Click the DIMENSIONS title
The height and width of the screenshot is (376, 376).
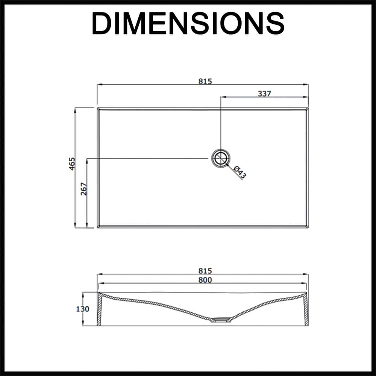(188, 23)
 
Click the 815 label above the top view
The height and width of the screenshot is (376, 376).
(205, 82)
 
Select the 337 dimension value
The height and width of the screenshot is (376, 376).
(264, 94)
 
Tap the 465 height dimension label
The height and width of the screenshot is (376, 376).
(72, 164)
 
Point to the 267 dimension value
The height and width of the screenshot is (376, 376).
(84, 189)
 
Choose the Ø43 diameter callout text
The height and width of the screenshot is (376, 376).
(239, 172)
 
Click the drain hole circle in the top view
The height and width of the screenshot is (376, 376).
(221, 159)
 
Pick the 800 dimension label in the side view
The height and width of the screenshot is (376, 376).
(205, 280)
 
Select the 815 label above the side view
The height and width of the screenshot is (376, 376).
(205, 271)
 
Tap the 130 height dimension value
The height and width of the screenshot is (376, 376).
(82, 309)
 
